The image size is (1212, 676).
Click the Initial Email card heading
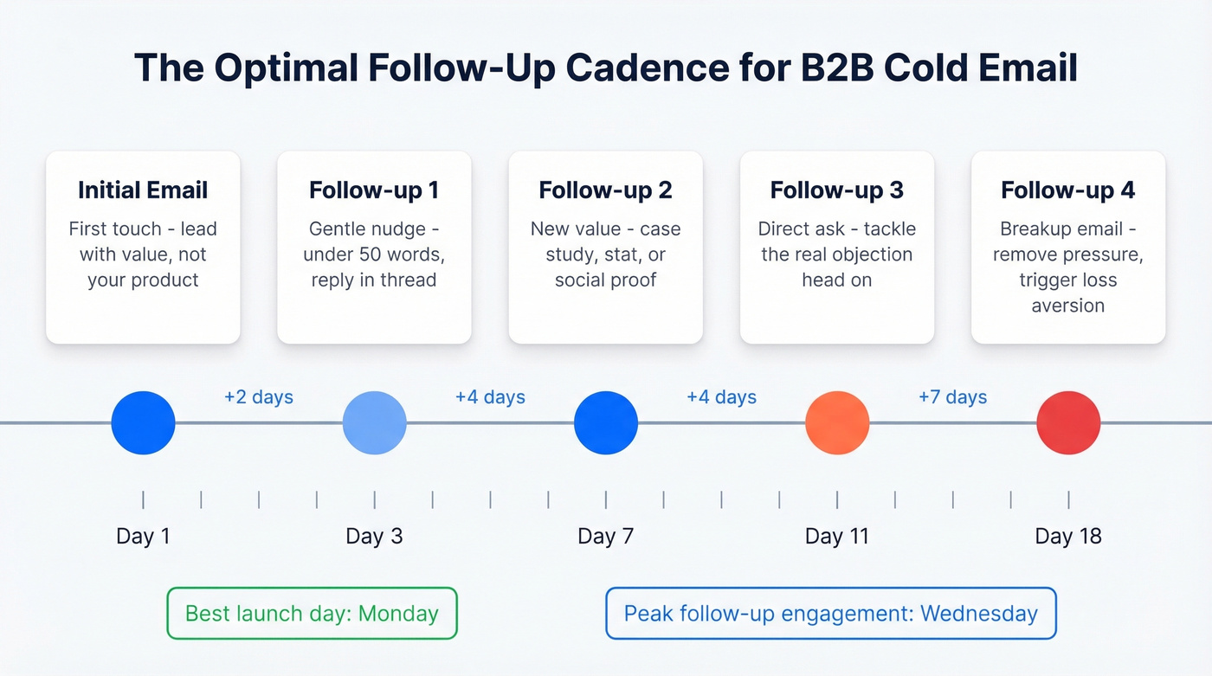143,190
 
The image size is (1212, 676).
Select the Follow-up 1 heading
374,190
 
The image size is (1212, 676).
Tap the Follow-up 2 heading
605,190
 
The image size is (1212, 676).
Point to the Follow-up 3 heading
836,190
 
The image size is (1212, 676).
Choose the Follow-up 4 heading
1067,190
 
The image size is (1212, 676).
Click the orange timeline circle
837,423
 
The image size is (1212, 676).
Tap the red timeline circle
1068,423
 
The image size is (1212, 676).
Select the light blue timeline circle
375,423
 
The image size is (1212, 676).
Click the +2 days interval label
259,397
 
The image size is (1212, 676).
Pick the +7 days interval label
952,397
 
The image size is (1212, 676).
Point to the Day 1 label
143,537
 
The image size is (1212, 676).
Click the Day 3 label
374,537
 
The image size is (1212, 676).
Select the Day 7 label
605,537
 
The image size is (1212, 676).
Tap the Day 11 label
836,537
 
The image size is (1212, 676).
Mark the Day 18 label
1068,537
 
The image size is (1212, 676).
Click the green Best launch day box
312,614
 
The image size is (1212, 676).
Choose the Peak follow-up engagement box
831,614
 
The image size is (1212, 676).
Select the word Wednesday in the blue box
979,614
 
